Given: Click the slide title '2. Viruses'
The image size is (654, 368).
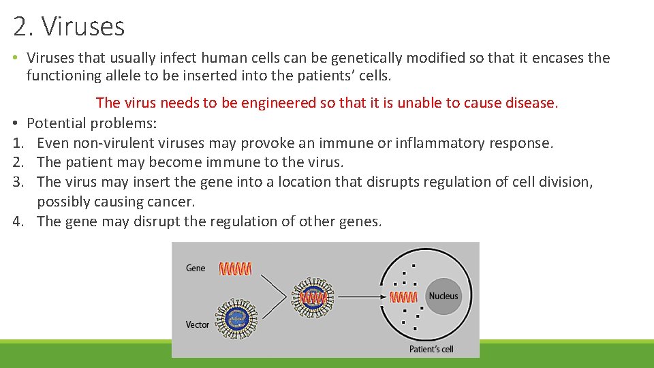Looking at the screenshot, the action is (69, 27).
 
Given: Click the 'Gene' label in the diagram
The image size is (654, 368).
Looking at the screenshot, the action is (196, 269).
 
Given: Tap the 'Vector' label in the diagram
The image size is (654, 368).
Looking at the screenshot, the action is (198, 324).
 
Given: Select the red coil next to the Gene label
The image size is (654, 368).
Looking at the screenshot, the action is (235, 269).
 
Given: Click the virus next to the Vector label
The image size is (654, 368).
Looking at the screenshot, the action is (236, 318).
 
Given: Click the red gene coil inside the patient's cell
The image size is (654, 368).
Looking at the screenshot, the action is (403, 297).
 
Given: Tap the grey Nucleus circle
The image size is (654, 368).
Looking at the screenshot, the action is (443, 296).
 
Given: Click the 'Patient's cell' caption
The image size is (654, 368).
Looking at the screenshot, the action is (431, 349).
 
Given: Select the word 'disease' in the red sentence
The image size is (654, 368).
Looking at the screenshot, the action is (533, 103).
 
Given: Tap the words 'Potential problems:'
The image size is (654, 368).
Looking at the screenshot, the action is (92, 123).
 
